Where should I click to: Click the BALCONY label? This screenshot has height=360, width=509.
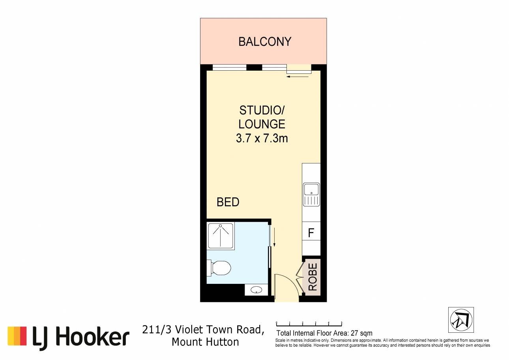click(265, 41)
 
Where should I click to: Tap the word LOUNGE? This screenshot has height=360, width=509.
click(262, 124)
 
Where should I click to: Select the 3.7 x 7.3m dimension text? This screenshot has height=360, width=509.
click(262, 138)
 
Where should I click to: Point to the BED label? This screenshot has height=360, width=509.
click(228, 202)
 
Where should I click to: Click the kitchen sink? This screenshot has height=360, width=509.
click(311, 195)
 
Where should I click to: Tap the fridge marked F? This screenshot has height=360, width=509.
click(311, 232)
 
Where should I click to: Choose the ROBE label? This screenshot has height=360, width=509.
click(313, 277)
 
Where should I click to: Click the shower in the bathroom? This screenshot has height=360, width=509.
click(221, 236)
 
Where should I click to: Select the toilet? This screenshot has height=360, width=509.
click(219, 268)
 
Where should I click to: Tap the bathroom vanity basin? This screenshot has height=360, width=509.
click(256, 290)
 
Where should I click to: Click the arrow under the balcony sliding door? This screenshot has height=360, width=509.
click(298, 77)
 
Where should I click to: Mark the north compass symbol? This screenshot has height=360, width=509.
click(461, 320)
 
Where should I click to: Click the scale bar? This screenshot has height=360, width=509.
click(309, 324)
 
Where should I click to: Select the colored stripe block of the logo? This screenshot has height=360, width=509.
click(17, 336)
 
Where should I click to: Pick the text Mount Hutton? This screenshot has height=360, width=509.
click(205, 342)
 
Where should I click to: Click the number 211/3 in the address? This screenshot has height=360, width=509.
click(157, 329)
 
